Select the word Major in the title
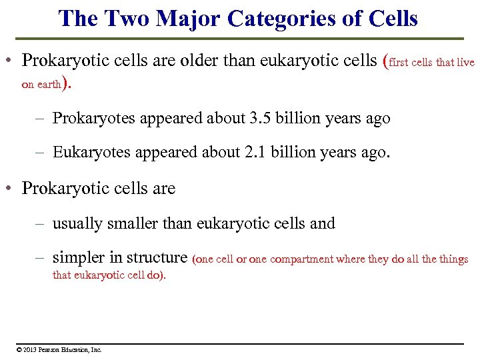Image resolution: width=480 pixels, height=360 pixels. point(182,18)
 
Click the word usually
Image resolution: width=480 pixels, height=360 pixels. point(75,223)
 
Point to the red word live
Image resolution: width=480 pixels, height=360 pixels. point(464,62)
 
